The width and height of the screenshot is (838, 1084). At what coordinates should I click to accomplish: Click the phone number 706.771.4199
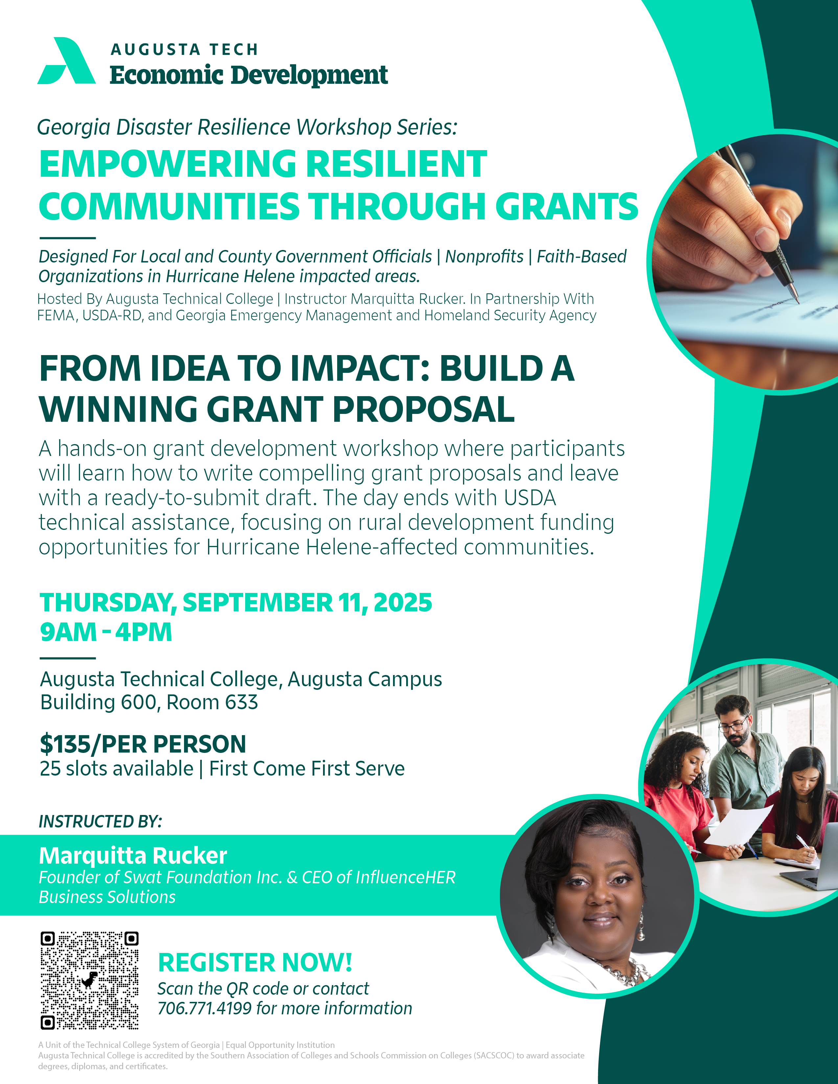[204, 1008]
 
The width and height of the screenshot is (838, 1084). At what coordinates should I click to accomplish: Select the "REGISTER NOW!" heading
[255, 963]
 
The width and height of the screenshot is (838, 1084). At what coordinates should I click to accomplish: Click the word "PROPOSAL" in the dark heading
[424, 410]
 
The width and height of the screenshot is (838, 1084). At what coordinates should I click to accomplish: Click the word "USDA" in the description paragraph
[530, 498]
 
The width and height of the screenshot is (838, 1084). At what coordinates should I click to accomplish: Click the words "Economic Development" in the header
[248, 76]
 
